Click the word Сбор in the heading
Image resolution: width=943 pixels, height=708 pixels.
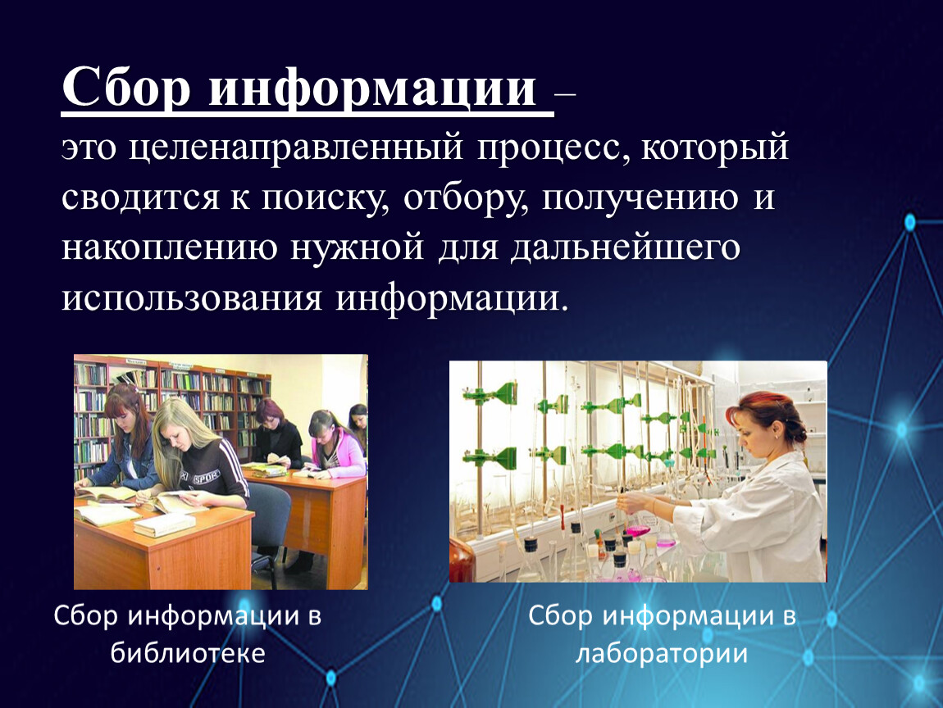click(126, 88)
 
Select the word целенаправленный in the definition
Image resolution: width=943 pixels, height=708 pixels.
click(296, 147)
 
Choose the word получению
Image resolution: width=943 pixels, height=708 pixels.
click(640, 199)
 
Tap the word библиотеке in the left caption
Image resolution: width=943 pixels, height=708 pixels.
click(188, 653)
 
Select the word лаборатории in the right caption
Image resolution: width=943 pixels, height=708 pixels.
click(662, 654)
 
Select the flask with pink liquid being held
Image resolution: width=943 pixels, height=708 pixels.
click(636, 528)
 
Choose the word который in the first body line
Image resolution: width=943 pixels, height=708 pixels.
click(715, 147)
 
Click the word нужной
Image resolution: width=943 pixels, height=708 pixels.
click(358, 247)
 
